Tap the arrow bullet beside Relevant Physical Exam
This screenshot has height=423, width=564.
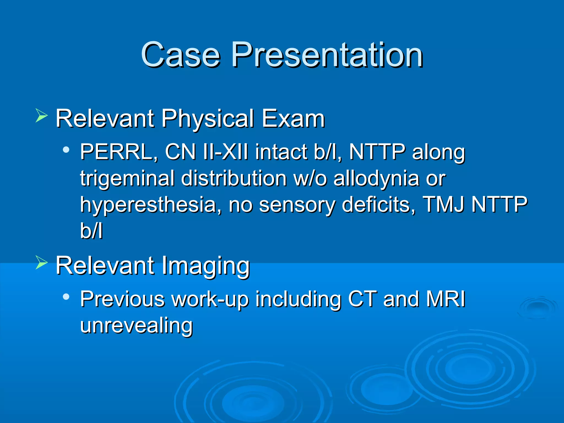click(42, 116)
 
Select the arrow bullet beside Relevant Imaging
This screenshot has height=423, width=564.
click(42, 262)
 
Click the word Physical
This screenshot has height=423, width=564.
click(208, 119)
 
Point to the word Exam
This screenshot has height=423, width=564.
click(293, 119)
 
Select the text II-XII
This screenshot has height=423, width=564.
click(225, 152)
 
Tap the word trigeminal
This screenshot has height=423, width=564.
click(127, 178)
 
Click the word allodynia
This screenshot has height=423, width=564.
click(376, 178)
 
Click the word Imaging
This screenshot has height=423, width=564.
click(205, 266)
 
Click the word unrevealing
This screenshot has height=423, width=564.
click(136, 325)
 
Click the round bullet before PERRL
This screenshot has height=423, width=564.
click(66, 150)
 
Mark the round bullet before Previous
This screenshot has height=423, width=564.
click(66, 297)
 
